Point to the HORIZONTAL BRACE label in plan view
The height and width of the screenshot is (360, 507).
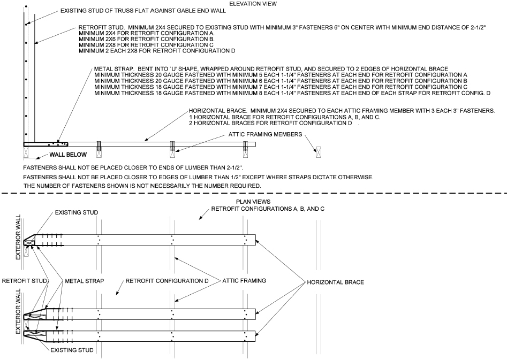[335, 281]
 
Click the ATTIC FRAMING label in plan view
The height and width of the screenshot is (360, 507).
[244, 280]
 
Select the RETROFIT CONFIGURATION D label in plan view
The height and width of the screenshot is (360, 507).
[166, 280]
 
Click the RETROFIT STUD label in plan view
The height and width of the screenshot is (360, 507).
[25, 280]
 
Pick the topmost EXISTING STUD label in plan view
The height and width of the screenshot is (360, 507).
[77, 213]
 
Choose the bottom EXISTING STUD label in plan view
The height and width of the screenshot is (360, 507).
[72, 350]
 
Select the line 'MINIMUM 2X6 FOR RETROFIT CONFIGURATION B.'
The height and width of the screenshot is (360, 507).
[147, 39]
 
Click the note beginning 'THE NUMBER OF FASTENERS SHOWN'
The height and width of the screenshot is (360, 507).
[142, 185]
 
